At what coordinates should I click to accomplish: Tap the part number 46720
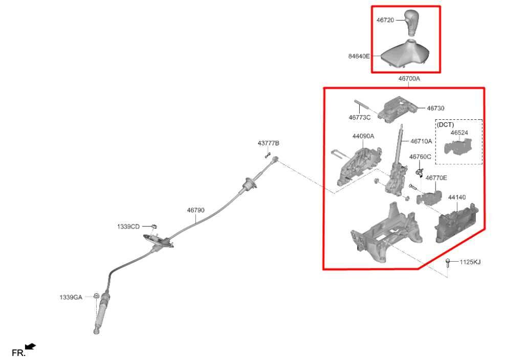(385, 20)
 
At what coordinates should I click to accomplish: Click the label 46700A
(409, 79)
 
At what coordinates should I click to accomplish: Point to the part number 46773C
(360, 117)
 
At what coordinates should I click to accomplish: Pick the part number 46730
(436, 108)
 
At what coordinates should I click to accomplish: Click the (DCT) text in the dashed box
(446, 124)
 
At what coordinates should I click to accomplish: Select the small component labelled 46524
(457, 147)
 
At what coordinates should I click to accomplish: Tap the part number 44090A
(363, 136)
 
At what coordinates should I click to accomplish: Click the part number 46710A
(421, 141)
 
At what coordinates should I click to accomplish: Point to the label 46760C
(420, 157)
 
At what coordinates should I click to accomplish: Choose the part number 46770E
(436, 178)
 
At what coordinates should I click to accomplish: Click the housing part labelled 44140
(456, 222)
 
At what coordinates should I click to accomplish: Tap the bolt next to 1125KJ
(448, 263)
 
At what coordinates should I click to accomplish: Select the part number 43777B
(268, 143)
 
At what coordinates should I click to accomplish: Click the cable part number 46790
(196, 210)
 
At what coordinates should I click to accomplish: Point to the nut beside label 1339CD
(154, 226)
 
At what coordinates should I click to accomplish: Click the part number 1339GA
(71, 297)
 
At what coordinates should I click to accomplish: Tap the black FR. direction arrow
(30, 347)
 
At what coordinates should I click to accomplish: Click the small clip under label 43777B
(267, 155)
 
